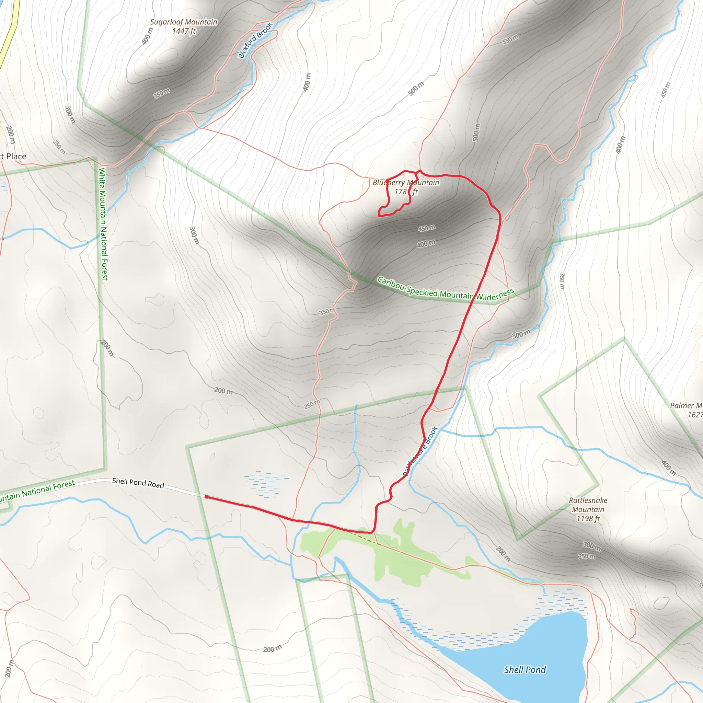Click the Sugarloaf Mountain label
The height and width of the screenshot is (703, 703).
pyautogui.click(x=183, y=22)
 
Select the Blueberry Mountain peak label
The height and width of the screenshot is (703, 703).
pyautogui.click(x=406, y=183)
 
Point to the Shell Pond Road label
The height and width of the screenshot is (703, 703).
pyautogui.click(x=138, y=483)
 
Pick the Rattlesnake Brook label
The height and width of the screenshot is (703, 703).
pyautogui.click(x=420, y=451)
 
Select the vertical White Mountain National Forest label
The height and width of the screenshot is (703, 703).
pyautogui.click(x=103, y=224)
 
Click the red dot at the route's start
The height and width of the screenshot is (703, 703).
pyautogui.click(x=206, y=497)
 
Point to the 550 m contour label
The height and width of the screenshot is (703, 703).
pyautogui.click(x=510, y=39)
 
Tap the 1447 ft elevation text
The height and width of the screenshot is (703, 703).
pyautogui.click(x=184, y=31)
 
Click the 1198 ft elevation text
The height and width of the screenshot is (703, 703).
pyautogui.click(x=588, y=519)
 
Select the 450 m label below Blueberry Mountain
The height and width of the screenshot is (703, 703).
pyautogui.click(x=426, y=228)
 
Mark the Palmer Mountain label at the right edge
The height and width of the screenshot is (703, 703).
pyautogui.click(x=686, y=405)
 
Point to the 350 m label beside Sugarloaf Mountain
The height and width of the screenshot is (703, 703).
pyautogui.click(x=162, y=93)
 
